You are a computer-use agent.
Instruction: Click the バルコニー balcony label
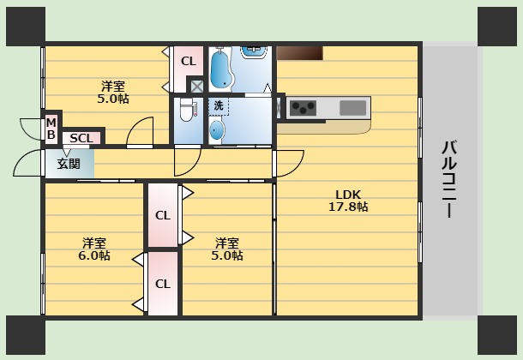(448, 179)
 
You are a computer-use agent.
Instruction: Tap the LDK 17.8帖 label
(347, 200)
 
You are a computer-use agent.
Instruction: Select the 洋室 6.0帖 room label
(95, 249)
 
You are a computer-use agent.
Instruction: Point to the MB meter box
(51, 129)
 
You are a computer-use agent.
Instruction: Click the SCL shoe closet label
(81, 138)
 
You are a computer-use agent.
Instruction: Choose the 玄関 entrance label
(69, 163)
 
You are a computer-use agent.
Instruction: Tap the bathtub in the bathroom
(220, 69)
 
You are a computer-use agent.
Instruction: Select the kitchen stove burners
(303, 108)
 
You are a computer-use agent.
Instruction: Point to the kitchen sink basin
(352, 108)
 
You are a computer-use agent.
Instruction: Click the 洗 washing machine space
(218, 105)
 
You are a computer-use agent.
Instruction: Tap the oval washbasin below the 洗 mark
(217, 130)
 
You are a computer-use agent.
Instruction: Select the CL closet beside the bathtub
(188, 61)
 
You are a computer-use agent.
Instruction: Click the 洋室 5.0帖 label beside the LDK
(227, 249)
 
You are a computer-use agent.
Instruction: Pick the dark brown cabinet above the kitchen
(299, 52)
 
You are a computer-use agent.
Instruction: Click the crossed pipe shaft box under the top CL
(197, 86)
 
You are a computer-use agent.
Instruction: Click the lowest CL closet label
(162, 284)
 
